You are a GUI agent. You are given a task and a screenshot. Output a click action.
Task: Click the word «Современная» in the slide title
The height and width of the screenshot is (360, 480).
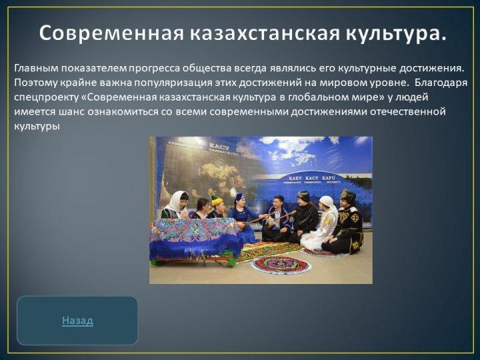pos(111,33)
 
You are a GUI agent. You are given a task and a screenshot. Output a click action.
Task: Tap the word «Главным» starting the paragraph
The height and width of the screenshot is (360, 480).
pos(36,68)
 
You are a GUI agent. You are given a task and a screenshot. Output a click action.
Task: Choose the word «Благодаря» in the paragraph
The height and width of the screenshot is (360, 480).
pos(441,83)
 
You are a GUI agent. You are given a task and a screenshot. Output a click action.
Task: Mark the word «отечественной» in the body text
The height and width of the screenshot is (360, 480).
pos(408,111)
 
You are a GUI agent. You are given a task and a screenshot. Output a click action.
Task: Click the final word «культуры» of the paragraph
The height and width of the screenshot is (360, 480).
pos(37,126)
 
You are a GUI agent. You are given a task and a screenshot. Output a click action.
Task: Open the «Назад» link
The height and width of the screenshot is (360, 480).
pos(77,321)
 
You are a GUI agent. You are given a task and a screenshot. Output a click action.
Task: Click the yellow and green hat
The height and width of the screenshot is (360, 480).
pos(217,201)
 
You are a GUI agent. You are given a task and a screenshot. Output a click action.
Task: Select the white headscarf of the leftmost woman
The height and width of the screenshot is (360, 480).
pos(177,201)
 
